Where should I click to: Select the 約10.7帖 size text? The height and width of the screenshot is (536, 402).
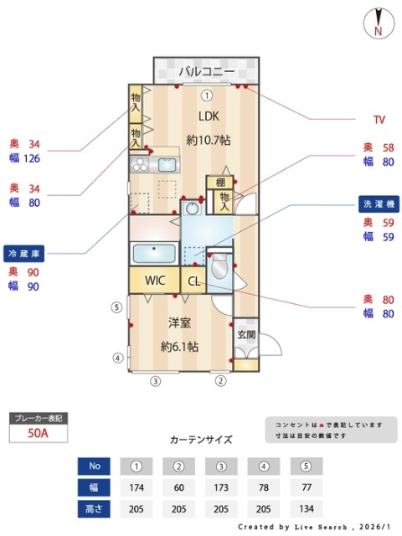point(209,141)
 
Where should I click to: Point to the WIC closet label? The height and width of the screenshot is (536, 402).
point(155,281)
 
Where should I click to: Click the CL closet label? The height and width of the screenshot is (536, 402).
point(193,281)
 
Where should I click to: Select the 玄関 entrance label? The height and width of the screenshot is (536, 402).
point(246,335)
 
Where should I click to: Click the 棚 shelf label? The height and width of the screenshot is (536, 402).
point(219,183)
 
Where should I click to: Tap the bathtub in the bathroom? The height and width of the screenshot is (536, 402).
point(154,254)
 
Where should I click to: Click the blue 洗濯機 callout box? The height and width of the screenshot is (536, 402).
point(379,204)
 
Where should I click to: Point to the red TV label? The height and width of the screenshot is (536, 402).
point(379,120)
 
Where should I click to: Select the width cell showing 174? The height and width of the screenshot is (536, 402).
point(137,487)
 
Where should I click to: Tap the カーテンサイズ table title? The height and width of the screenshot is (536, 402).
point(201,439)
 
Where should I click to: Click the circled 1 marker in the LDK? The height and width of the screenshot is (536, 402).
point(206,95)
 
